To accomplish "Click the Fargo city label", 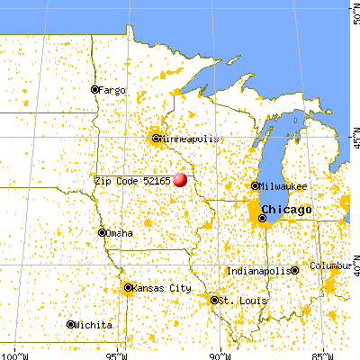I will [112, 90].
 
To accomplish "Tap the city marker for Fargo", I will [94, 89].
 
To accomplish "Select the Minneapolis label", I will [188, 139].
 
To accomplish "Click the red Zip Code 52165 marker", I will [180, 179].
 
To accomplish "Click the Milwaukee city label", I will [284, 186].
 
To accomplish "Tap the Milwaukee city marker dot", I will [255, 186].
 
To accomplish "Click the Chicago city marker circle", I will [264, 217].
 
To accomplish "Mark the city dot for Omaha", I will [103, 232].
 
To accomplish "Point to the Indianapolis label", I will [258, 270].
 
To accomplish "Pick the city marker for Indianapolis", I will [294, 270].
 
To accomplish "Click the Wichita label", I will [94, 325].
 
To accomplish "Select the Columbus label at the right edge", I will [334, 266].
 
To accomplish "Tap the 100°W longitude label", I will [12, 354].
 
